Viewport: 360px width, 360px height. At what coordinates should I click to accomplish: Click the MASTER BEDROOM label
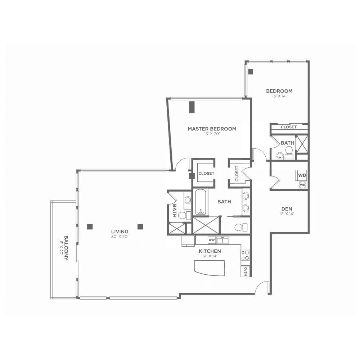pyautogui.click(x=212, y=129)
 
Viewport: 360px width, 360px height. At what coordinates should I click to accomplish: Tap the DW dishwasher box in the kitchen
pyautogui.click(x=212, y=240)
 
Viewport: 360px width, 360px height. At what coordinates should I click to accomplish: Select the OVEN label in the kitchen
pyautogui.click(x=246, y=271)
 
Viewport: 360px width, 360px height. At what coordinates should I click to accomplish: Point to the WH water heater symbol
pyautogui.click(x=302, y=185)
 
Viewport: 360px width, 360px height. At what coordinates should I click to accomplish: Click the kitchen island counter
pyautogui.click(x=210, y=268)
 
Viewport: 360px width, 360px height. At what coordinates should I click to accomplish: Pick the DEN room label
pyautogui.click(x=287, y=209)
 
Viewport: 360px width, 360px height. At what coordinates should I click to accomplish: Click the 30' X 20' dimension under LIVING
pyautogui.click(x=120, y=237)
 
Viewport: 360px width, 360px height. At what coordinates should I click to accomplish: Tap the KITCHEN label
pyautogui.click(x=210, y=251)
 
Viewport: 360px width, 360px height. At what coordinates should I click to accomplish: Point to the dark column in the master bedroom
pyautogui.click(x=192, y=107)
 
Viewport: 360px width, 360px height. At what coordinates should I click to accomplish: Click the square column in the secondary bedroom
pyautogui.click(x=251, y=71)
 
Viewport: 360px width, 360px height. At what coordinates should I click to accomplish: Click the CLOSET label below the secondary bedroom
pyautogui.click(x=289, y=127)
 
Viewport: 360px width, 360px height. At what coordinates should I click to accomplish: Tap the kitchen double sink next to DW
pyautogui.click(x=222, y=240)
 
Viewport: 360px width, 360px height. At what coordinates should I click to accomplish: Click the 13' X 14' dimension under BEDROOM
pyautogui.click(x=279, y=96)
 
